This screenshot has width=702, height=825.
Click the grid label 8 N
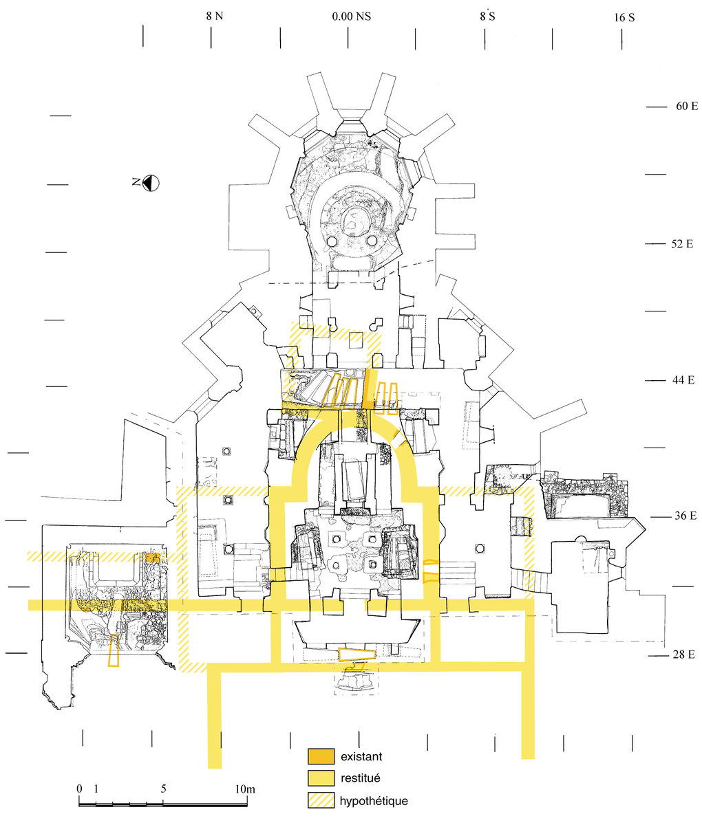pos(214,16)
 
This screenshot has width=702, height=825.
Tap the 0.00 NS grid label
pos(350,16)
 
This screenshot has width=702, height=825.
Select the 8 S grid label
pos(487,16)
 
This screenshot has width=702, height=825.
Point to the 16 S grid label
pos(624,17)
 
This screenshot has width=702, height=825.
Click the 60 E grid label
pos(686,107)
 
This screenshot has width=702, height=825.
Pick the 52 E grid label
pos(681,244)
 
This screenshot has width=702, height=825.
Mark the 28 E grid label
pos(683,654)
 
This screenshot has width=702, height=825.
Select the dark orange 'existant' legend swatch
pos(321,757)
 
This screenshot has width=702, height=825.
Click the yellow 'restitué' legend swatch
pos(321,779)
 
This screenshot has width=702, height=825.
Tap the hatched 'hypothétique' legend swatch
pos(321,801)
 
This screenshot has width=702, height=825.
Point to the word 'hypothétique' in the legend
pos(374,802)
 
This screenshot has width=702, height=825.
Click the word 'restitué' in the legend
pos(361,779)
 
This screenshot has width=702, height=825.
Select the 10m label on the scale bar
pos(246,789)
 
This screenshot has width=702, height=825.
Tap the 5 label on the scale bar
pos(163,789)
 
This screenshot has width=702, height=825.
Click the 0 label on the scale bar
pos(80,789)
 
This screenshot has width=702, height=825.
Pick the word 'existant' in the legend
pos(361,757)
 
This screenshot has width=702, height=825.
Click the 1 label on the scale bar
pos(96,789)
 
